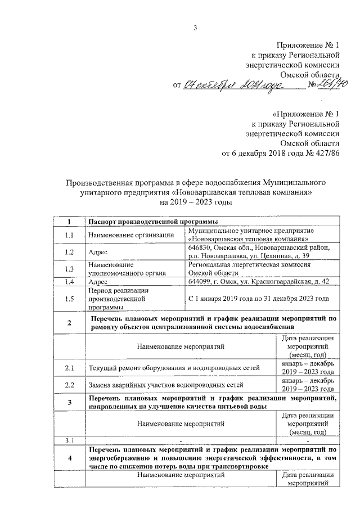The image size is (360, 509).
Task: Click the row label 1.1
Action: click(x=69, y=235)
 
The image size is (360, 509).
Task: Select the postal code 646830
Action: click(x=200, y=247)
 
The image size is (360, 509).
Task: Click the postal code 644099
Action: click(x=200, y=281)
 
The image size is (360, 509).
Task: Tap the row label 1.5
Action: click(x=69, y=299)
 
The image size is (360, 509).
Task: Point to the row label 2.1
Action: click(x=69, y=368)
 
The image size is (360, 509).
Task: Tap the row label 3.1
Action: click(x=69, y=440)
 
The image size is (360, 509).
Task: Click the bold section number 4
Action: click(x=69, y=458)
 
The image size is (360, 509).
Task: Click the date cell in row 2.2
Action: click(x=308, y=385)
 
